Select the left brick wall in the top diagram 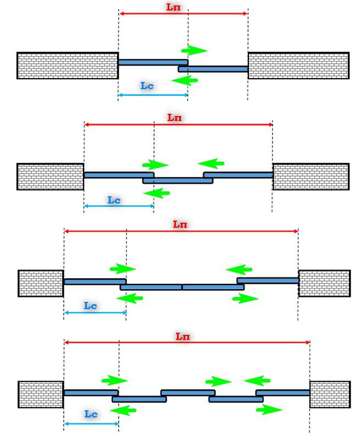tap(67, 65)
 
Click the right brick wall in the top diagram tap(298, 65)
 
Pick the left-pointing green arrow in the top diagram tap(185, 81)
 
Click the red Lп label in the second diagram tap(175, 118)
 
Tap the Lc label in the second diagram tap(114, 200)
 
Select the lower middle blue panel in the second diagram tap(178, 180)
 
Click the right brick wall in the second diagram tap(311, 176)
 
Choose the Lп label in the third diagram tap(180, 224)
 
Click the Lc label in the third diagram tap(91, 306)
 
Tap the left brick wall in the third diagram tap(41, 283)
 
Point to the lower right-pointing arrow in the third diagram tap(245, 299)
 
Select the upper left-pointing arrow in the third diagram tap(239, 269)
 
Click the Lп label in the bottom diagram tap(183, 336)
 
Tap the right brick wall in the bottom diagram tap(330, 394)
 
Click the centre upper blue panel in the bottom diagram tap(187, 393)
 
